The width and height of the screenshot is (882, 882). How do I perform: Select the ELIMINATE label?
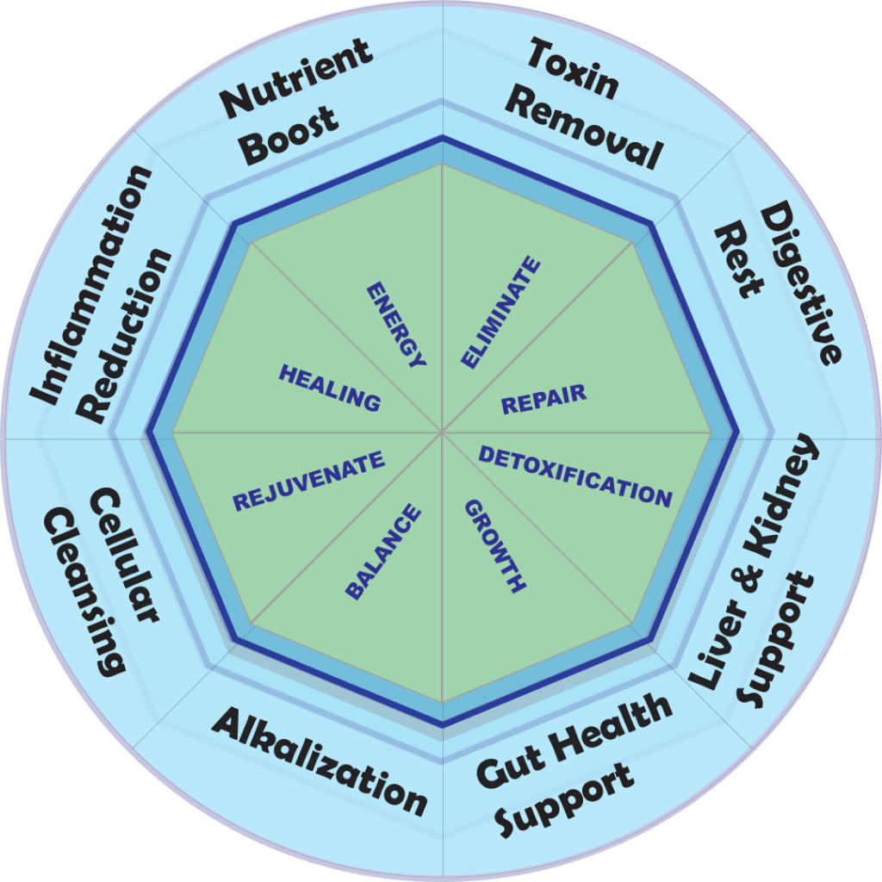tap(501, 313)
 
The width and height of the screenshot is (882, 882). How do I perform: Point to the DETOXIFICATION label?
tap(575, 476)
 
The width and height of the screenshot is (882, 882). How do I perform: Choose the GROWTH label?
tap(495, 546)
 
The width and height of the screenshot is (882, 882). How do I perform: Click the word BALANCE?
tap(383, 552)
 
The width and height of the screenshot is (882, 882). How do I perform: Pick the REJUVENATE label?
tap(308, 481)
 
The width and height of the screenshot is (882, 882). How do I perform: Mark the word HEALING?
tap(329, 387)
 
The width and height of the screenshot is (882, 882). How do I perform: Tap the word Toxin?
tap(573, 69)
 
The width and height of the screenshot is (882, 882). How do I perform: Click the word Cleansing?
tap(84, 590)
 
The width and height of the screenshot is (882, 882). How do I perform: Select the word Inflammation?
tap(91, 284)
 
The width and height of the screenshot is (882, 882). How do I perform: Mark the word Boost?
tap(289, 135)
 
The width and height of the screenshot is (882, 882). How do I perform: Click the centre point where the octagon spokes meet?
tap(442, 432)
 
